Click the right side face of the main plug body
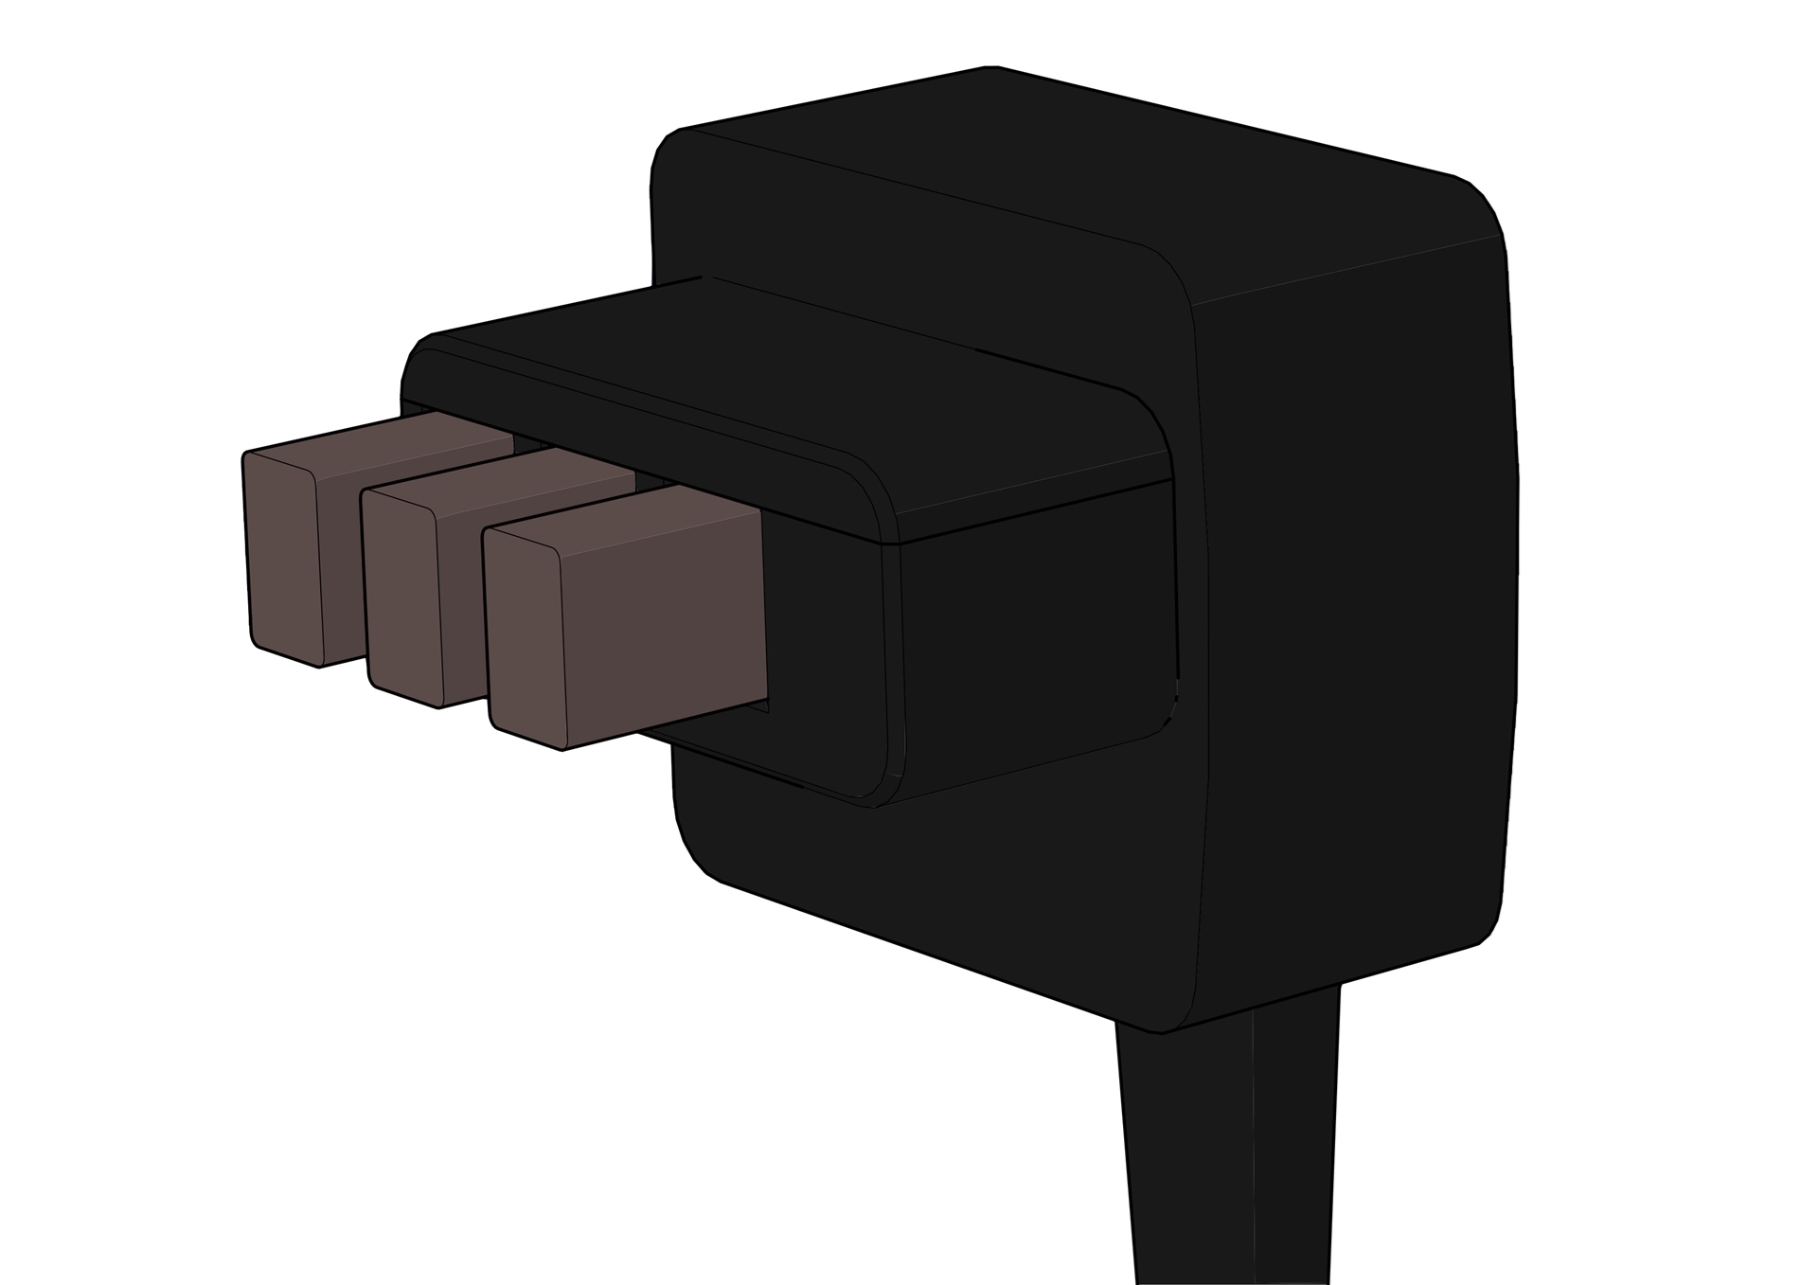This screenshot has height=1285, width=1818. [1354, 616]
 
